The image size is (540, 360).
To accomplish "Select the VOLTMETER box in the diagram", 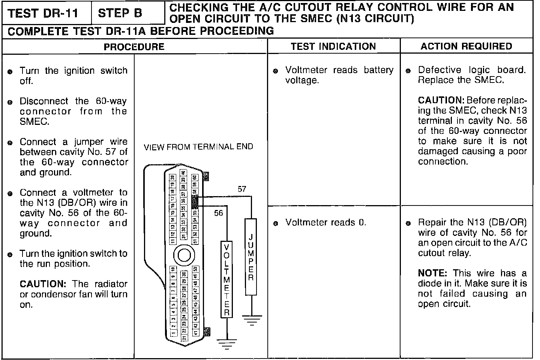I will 226,279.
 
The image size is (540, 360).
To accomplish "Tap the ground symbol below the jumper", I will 251,320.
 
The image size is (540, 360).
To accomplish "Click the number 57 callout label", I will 242,189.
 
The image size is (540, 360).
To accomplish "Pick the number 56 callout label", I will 218,213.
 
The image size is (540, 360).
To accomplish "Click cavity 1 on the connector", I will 172,333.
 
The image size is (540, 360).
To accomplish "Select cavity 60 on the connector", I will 195,177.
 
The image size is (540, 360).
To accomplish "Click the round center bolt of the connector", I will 184,256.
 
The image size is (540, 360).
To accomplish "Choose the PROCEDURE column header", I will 134,46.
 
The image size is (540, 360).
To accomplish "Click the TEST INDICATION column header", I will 333,46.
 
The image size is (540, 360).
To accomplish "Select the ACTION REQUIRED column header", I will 466,46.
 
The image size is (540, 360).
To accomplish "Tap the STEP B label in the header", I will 120,13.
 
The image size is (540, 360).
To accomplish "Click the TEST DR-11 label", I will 43,13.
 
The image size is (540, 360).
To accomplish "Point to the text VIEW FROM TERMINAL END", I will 198,147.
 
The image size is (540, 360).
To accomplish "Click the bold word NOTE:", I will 433,273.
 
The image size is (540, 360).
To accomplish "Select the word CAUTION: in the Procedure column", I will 43,284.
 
